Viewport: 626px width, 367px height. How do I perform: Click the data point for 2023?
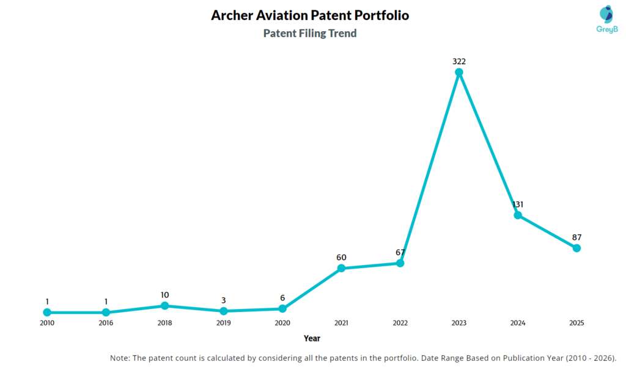(459, 72)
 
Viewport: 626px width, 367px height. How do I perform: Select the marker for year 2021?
(341, 268)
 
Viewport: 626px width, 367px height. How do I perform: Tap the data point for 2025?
(576, 248)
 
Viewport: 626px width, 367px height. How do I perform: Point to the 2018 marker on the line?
(164, 305)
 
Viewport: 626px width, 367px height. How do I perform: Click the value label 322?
(459, 61)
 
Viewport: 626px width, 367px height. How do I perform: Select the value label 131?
(518, 204)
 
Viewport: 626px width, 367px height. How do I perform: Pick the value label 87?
(576, 237)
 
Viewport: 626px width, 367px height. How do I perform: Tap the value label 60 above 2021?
(341, 257)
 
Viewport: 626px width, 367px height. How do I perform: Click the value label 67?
(400, 252)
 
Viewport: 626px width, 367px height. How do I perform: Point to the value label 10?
(164, 294)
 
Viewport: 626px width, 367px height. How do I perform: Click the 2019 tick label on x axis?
(223, 323)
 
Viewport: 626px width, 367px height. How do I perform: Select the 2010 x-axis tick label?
(47, 323)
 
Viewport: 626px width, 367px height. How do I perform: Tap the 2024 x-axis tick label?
(518, 323)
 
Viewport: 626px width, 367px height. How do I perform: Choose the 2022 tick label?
(400, 323)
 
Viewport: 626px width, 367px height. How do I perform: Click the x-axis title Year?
(312, 338)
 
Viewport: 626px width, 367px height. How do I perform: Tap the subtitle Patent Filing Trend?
(310, 34)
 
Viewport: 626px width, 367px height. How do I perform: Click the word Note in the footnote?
(120, 358)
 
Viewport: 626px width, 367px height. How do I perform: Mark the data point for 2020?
(282, 309)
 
